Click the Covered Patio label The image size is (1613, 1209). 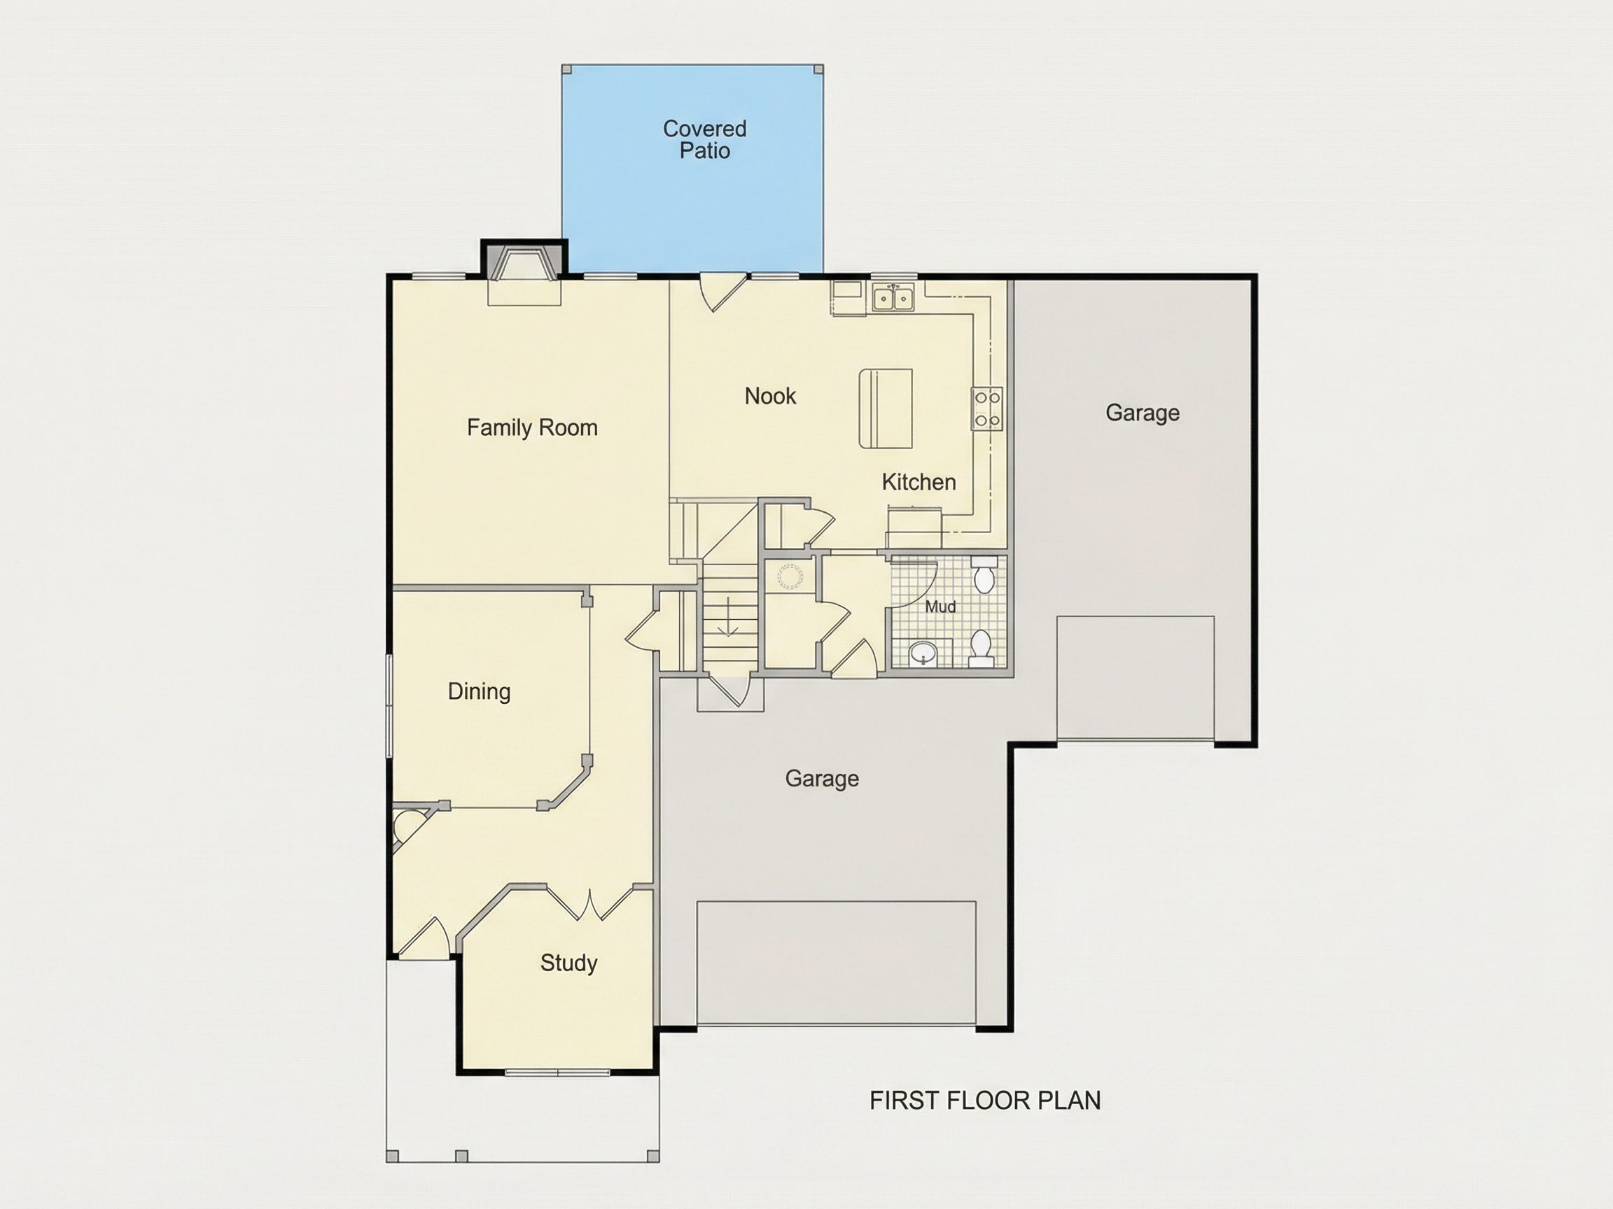[704, 139]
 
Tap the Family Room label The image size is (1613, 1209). [532, 427]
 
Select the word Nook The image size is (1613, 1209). [770, 396]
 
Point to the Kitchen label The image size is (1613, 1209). [919, 481]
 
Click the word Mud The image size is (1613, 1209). [940, 607]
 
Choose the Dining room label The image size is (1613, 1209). [479, 691]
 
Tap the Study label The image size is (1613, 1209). [568, 963]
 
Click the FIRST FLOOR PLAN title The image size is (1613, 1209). [985, 1101]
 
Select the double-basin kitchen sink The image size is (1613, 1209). [893, 298]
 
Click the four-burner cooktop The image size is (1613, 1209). [987, 409]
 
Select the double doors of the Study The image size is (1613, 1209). [590, 903]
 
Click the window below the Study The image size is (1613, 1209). [558, 1072]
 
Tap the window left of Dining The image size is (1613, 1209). [389, 705]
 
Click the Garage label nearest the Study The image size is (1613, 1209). [822, 779]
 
